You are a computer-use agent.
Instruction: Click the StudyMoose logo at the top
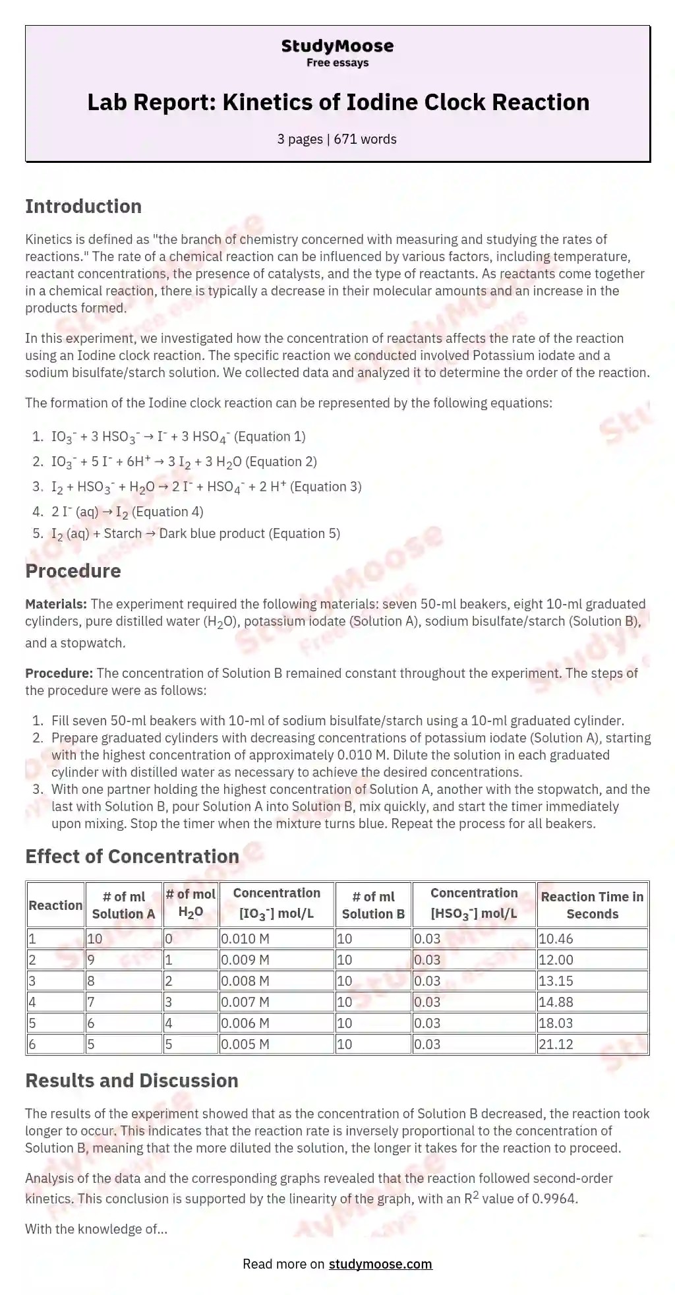tap(337, 46)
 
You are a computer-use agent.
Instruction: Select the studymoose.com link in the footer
tap(380, 1263)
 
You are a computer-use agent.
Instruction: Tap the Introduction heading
tap(83, 206)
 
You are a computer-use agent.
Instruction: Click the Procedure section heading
tap(73, 571)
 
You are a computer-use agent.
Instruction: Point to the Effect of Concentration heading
tap(132, 857)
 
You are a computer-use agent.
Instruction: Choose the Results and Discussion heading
tap(132, 1081)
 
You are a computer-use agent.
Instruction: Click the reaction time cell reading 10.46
tap(556, 938)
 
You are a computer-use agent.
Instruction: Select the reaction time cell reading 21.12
tap(556, 1044)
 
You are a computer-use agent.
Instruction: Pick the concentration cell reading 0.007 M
tap(245, 1002)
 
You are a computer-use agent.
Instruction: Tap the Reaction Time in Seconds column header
tap(592, 905)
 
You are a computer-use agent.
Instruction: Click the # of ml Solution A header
tap(123, 905)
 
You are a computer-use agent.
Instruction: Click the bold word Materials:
tap(56, 604)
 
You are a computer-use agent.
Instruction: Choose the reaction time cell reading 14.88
tap(556, 1002)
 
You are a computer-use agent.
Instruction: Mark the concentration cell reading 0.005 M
tap(245, 1044)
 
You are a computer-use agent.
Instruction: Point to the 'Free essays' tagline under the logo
tap(337, 63)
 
